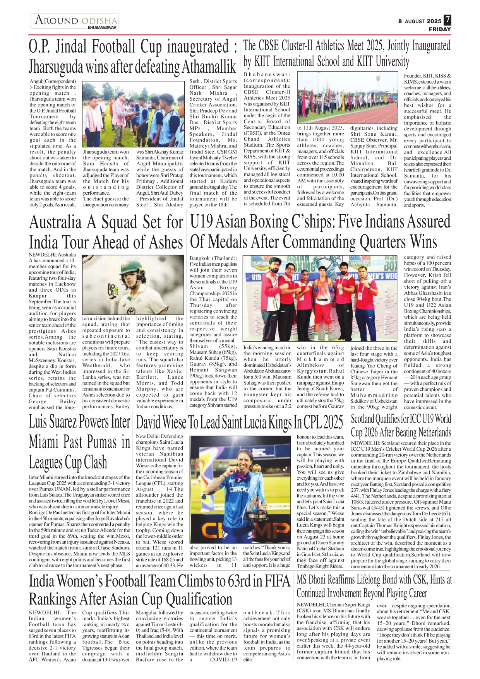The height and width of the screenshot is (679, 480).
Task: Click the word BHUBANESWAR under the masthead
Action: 102,28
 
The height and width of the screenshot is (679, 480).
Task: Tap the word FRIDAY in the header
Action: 440,29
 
